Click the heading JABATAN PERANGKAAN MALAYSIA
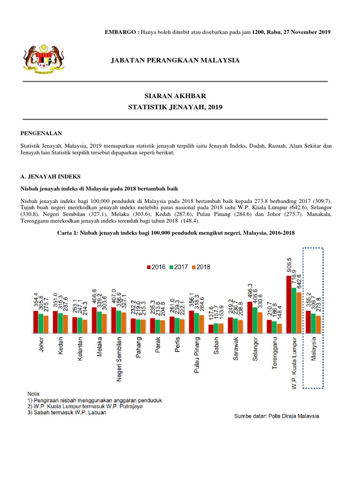click(175, 60)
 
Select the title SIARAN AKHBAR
click(175, 95)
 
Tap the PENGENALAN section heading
click(41, 134)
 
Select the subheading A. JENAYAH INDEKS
click(51, 176)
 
